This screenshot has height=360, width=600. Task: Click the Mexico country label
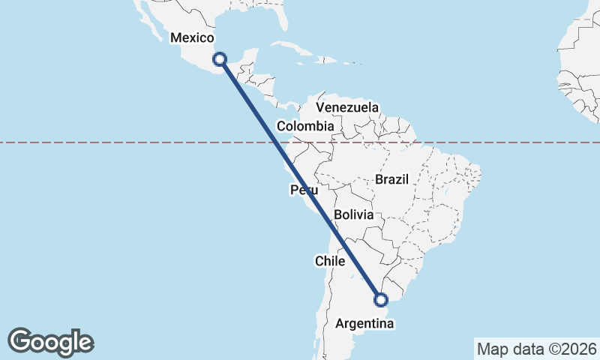[x=193, y=37]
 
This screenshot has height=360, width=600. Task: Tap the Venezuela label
[x=347, y=107]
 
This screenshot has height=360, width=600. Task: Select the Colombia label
[x=304, y=126]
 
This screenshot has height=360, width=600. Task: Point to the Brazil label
[x=391, y=179]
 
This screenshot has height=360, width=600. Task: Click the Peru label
[x=304, y=190]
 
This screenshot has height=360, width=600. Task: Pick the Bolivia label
[x=353, y=214]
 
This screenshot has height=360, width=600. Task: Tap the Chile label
[x=329, y=261]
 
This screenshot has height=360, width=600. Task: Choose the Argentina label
[x=364, y=324]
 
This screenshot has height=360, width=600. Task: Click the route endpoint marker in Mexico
[x=220, y=58]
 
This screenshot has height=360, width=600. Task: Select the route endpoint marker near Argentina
[x=381, y=300]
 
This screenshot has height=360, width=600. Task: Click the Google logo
[x=51, y=342]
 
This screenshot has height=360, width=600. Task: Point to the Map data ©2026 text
[x=537, y=349]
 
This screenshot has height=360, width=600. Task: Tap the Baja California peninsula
[x=142, y=11]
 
